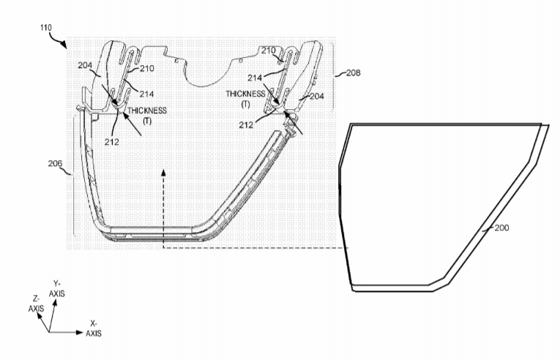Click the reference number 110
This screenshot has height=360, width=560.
(46, 28)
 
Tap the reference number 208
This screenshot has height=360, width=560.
(354, 73)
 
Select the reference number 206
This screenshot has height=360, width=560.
(55, 164)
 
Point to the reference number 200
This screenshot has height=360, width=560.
(501, 228)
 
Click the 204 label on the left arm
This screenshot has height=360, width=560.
(85, 65)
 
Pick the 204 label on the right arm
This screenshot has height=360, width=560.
(317, 97)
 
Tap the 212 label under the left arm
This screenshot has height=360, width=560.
(112, 142)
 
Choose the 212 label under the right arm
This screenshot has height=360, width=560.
(246, 125)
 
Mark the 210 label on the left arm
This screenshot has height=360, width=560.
(147, 68)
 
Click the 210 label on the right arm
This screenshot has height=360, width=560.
(268, 50)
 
